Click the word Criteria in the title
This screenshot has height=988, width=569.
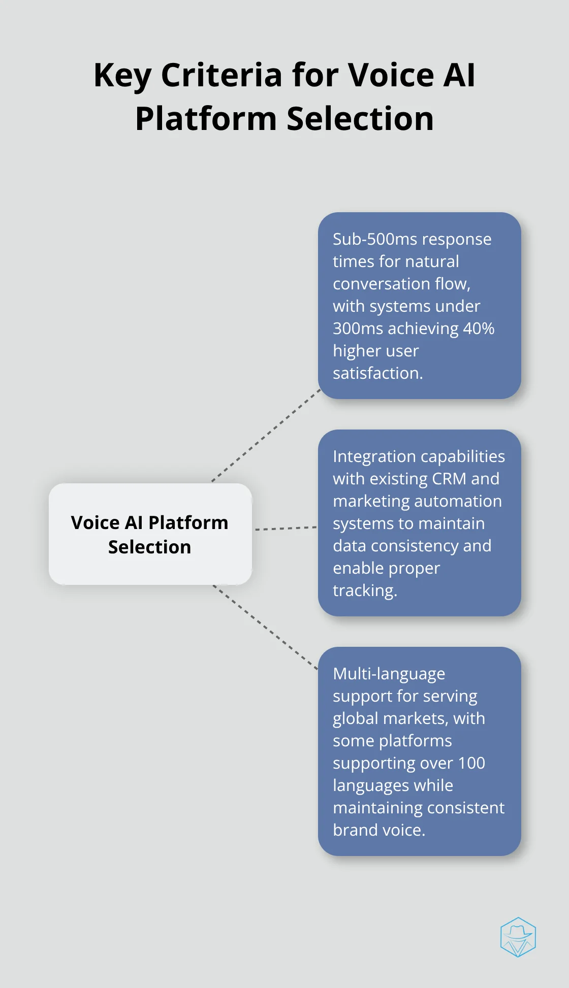(x=222, y=75)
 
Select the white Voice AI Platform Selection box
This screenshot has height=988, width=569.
(x=150, y=534)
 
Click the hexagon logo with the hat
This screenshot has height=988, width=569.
(x=518, y=937)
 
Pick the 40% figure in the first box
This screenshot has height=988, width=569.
(x=479, y=328)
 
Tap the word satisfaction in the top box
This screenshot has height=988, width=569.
(x=377, y=373)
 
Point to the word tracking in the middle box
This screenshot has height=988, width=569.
(x=364, y=590)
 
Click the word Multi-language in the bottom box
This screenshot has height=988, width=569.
(x=389, y=674)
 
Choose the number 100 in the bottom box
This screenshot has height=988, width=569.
(x=471, y=763)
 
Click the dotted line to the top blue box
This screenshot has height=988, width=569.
(x=266, y=436)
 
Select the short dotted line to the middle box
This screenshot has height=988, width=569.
(x=286, y=529)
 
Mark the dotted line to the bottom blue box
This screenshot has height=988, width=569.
(x=265, y=627)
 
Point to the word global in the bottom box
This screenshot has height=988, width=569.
(x=356, y=718)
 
